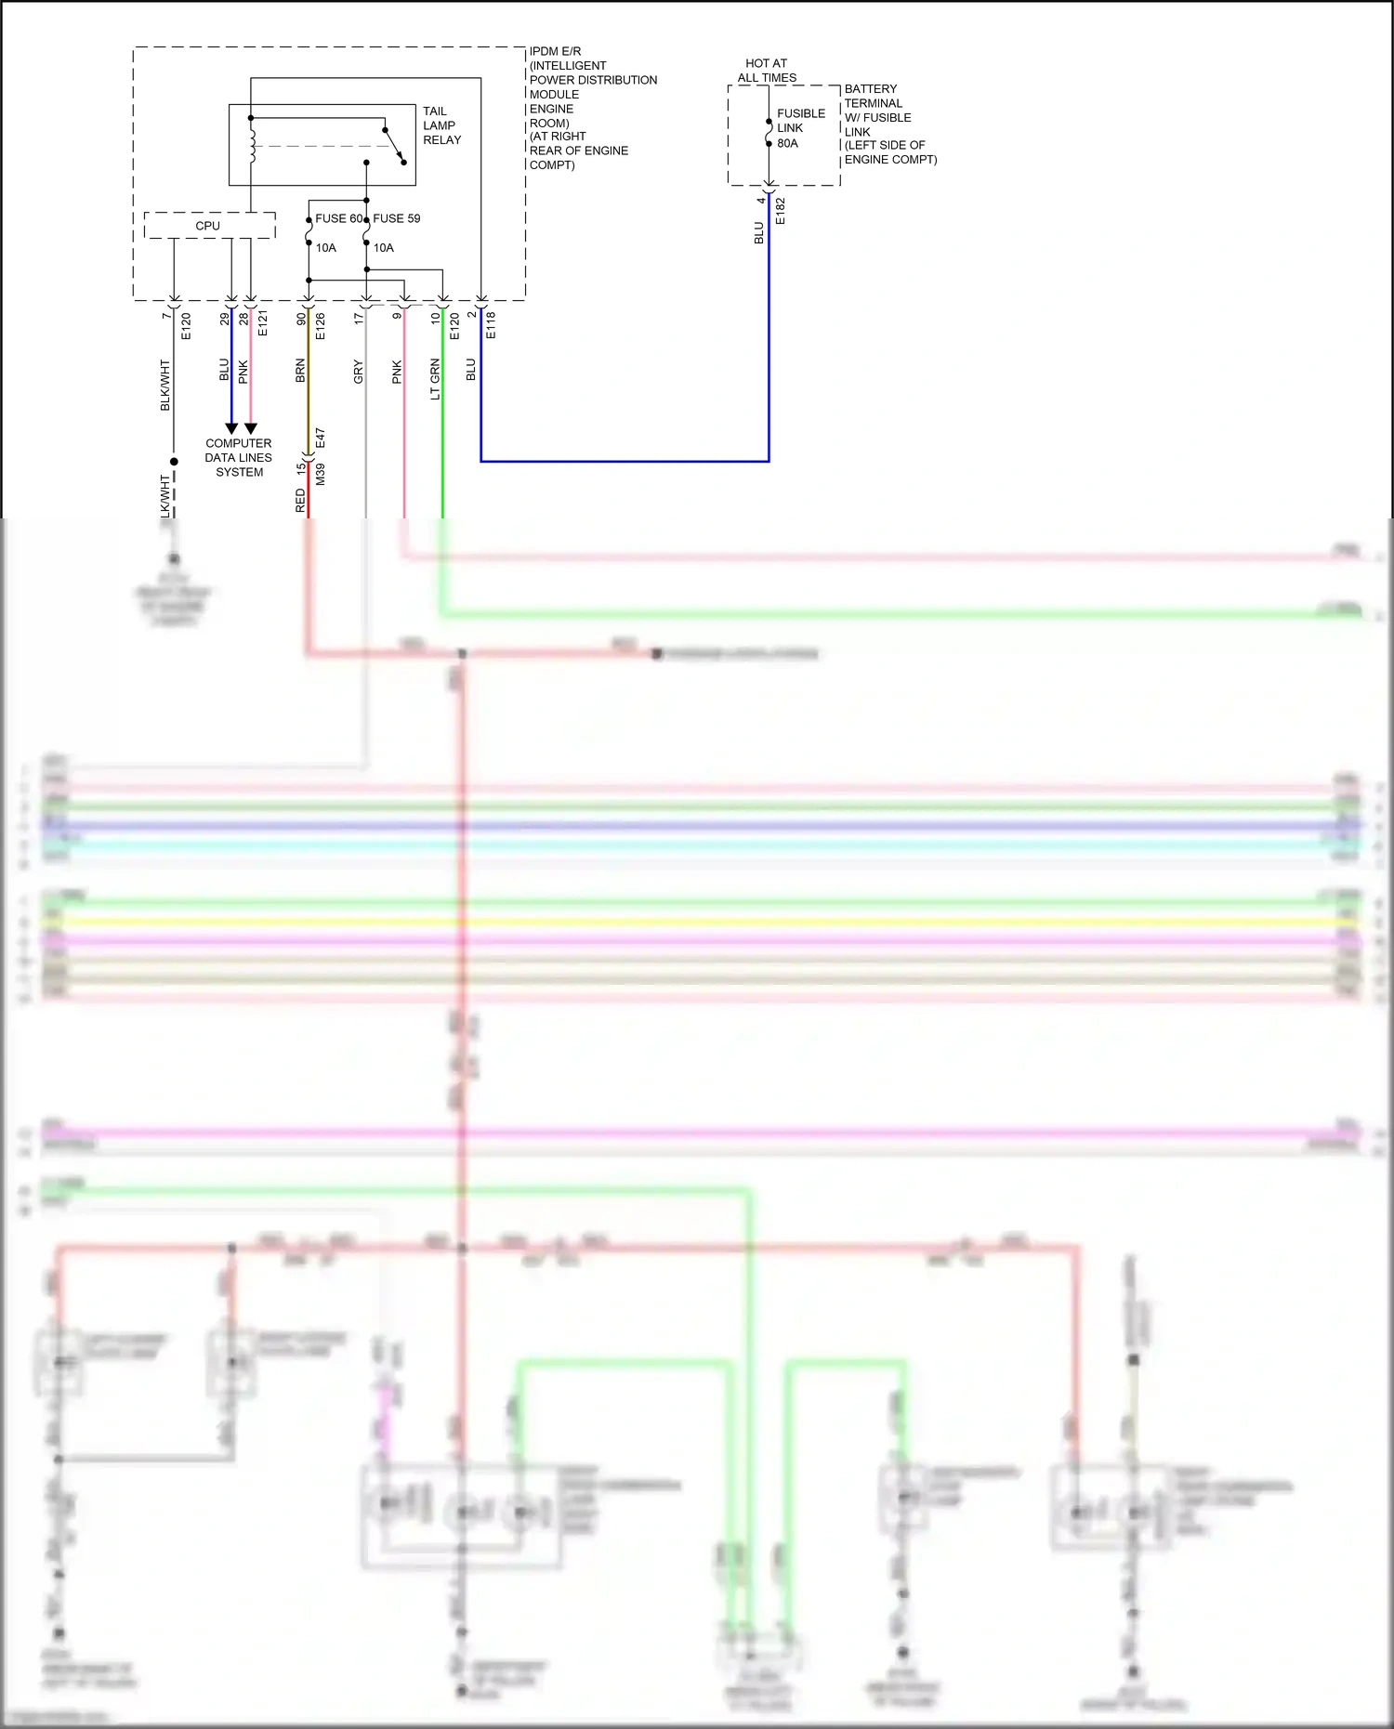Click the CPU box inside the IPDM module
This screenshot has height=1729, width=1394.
(x=209, y=226)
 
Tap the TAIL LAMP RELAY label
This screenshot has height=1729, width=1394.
(x=441, y=125)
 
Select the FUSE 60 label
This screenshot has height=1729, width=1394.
(x=338, y=218)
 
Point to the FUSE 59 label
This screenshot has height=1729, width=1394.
(x=397, y=218)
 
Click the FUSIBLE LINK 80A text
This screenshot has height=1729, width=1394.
(x=800, y=128)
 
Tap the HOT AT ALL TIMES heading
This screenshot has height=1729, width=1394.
(x=767, y=71)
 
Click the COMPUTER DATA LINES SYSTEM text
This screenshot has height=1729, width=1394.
(x=239, y=458)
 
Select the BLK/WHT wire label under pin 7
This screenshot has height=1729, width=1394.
(x=165, y=385)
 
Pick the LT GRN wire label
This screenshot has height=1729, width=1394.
(x=435, y=379)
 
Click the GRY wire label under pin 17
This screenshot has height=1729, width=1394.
(x=359, y=373)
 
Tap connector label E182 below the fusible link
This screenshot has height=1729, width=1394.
(x=781, y=211)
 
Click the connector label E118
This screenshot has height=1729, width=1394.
(x=491, y=324)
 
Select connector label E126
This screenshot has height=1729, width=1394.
(x=320, y=325)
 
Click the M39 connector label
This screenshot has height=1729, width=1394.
(x=320, y=474)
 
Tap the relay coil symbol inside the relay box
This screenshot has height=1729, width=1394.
(x=251, y=141)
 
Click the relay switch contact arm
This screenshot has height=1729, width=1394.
(x=394, y=146)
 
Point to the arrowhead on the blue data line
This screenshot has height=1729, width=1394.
(x=231, y=429)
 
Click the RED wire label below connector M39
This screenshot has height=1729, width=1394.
(x=300, y=502)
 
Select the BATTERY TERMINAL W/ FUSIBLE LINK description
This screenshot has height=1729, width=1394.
(x=889, y=124)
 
